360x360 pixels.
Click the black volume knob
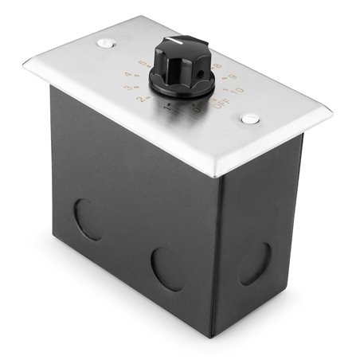coord(182,68)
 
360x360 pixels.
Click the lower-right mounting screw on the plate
coord(251,119)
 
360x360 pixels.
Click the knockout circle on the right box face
coord(254,263)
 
